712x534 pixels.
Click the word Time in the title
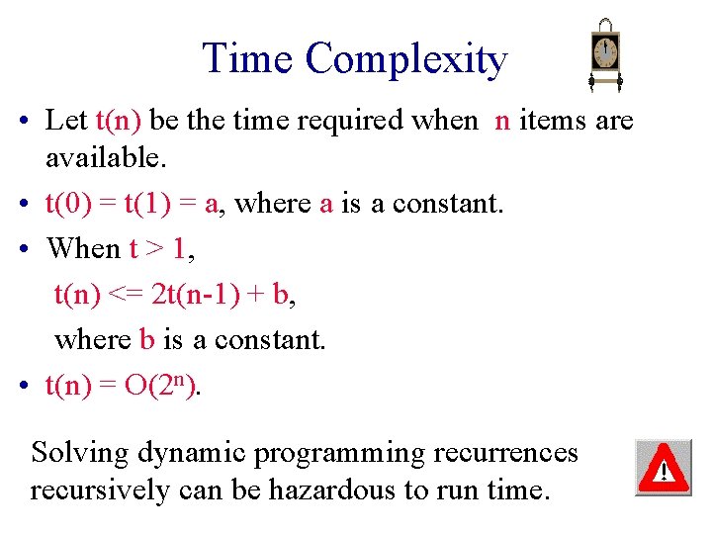248,58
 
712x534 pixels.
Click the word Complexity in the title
406,60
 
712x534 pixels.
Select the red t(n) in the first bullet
120,121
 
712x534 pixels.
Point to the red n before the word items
502,122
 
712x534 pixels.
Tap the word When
83,247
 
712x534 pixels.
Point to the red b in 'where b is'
146,339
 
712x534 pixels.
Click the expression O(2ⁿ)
161,386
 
